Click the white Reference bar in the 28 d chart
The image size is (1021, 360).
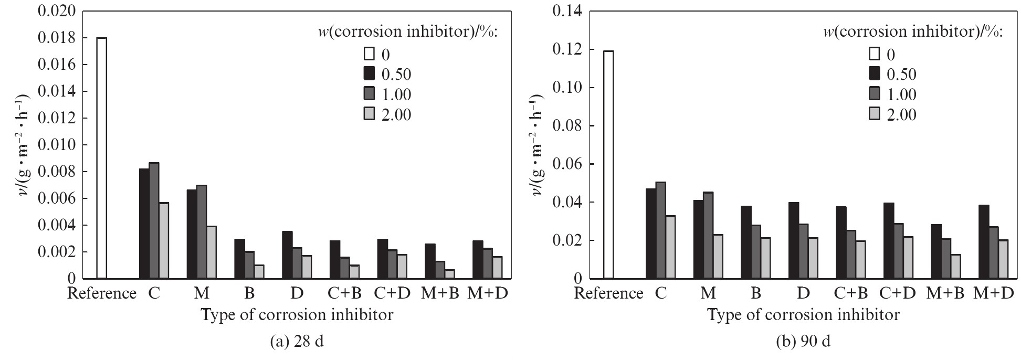pos(102,158)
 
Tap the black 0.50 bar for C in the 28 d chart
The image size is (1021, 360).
pos(144,224)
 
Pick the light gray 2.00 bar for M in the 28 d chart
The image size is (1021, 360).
pos(212,252)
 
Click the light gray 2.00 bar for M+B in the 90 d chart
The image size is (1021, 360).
pos(955,267)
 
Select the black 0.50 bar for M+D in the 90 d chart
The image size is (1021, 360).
pos(984,242)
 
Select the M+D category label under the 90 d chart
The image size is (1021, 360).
pos(993,293)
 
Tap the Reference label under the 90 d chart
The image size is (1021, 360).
pos(608,293)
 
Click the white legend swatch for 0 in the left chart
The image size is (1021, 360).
pos(369,54)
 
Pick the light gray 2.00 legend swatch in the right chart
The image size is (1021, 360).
pos(874,113)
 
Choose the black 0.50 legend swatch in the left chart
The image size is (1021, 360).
pos(369,73)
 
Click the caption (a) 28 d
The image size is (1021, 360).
pos(297,342)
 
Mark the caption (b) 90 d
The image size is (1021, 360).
pos(803,342)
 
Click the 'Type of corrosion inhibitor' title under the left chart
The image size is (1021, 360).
pos(297,315)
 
